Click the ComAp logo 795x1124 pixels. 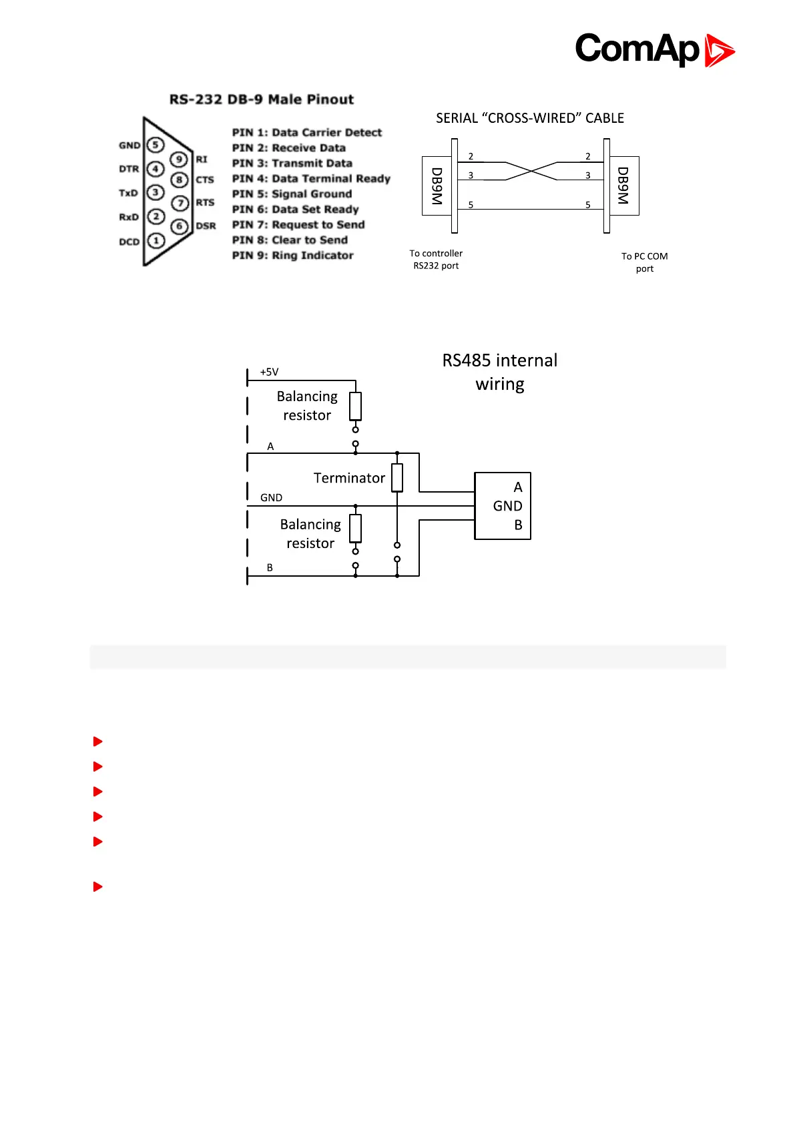pyautogui.click(x=654, y=50)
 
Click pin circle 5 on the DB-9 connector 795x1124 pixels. pyautogui.click(x=156, y=145)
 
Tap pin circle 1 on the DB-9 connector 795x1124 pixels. pyautogui.click(x=156, y=241)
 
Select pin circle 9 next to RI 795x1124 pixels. pyautogui.click(x=179, y=160)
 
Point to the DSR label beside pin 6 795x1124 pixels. pyautogui.click(x=206, y=226)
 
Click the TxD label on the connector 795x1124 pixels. pyautogui.click(x=128, y=193)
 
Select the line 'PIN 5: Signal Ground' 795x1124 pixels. pyautogui.click(x=292, y=194)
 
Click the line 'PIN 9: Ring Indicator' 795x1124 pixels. pyautogui.click(x=292, y=256)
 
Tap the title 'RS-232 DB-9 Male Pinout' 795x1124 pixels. pyautogui.click(x=261, y=99)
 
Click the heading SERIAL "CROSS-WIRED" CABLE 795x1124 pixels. pyautogui.click(x=530, y=118)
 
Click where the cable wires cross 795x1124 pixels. pyautogui.click(x=531, y=171)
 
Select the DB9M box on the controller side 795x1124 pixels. pyautogui.click(x=437, y=186)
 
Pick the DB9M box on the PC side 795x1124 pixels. pyautogui.click(x=623, y=186)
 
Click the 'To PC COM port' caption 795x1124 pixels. pyautogui.click(x=644, y=262)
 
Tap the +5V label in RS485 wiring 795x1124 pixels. pyautogui.click(x=269, y=372)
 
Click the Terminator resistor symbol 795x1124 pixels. pyautogui.click(x=397, y=478)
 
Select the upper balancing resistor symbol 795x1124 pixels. pyautogui.click(x=356, y=406)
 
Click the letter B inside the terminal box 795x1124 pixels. pyautogui.click(x=518, y=525)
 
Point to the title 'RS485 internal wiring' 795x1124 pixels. pyautogui.click(x=500, y=372)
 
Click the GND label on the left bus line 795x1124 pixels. pyautogui.click(x=271, y=498)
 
